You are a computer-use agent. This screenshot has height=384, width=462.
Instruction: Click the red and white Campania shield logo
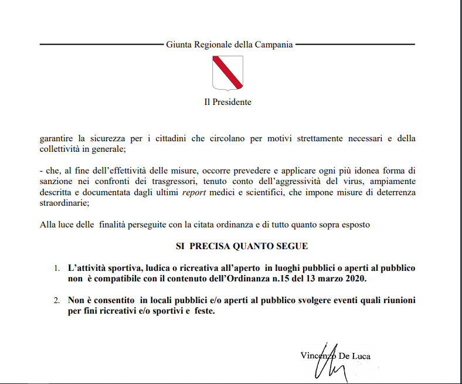[227, 72]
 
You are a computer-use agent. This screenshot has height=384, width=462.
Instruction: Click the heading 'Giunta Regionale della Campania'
[229, 45]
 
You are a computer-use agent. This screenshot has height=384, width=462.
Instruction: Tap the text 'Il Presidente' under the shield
[227, 102]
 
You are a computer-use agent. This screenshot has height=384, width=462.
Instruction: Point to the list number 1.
[57, 269]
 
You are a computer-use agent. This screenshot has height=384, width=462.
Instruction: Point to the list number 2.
[57, 301]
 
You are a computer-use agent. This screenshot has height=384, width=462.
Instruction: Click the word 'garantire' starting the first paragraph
[56, 139]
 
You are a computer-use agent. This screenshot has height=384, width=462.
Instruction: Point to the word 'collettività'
[62, 149]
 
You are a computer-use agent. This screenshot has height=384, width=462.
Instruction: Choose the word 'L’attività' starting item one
[88, 268]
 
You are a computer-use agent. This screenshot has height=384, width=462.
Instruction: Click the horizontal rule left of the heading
[100, 45]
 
